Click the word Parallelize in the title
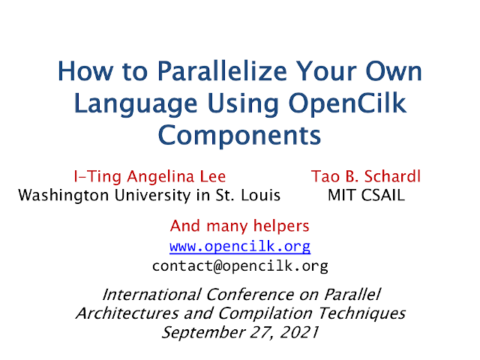(x=223, y=71)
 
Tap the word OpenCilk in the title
(x=347, y=103)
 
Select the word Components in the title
(x=239, y=135)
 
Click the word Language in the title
(x=136, y=104)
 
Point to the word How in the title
(x=85, y=71)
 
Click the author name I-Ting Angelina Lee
(x=150, y=177)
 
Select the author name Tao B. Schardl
(x=366, y=176)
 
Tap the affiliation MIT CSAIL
(x=366, y=195)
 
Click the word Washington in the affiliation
(x=63, y=196)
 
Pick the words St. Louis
(x=248, y=195)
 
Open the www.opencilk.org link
(x=240, y=247)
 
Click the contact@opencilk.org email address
(x=240, y=265)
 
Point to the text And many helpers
(x=240, y=226)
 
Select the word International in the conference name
(x=151, y=295)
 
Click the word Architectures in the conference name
(x=127, y=313)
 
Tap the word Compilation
(x=265, y=314)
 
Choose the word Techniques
(x=361, y=314)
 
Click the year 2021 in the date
(x=299, y=332)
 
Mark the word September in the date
(x=203, y=333)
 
